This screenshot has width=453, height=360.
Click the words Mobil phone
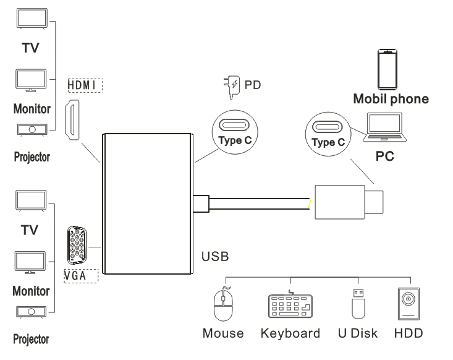[x=390, y=98]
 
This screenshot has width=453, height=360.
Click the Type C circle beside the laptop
[x=327, y=132]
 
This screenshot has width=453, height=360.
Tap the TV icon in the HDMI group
[x=30, y=23]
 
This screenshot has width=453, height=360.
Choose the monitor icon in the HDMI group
[x=30, y=80]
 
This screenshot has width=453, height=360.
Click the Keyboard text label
[x=290, y=334]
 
